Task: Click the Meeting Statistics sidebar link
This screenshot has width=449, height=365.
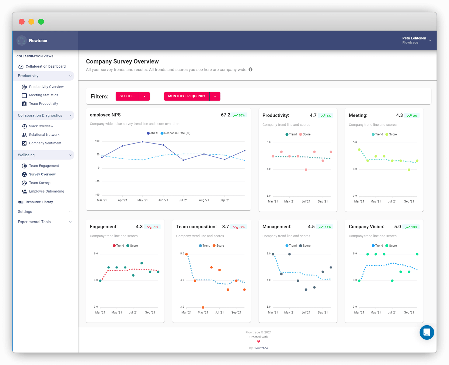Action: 43,95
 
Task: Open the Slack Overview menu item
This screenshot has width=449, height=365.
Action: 41,126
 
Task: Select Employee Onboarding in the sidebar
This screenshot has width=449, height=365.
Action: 46,191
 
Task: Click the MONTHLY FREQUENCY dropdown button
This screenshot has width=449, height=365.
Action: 187,96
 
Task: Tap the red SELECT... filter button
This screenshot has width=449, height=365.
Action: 127,96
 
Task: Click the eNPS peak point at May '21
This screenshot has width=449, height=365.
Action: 143,142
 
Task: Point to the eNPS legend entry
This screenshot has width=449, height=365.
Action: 153,133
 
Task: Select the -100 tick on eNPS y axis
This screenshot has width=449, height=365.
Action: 97,195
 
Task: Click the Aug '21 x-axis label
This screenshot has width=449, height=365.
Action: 204,200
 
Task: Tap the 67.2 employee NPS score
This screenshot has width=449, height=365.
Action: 226,115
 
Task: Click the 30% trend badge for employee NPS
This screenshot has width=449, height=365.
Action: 239,115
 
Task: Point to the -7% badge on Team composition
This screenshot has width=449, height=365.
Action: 239,227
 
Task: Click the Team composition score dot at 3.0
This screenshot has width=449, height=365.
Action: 203,307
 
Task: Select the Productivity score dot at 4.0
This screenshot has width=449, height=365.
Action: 306,170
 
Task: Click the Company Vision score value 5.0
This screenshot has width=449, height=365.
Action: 397,227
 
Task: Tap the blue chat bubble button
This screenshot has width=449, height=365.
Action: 427,332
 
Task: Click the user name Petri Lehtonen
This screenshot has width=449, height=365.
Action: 414,38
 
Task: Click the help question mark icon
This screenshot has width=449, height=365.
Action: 250,69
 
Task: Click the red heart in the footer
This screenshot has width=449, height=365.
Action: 259,341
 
